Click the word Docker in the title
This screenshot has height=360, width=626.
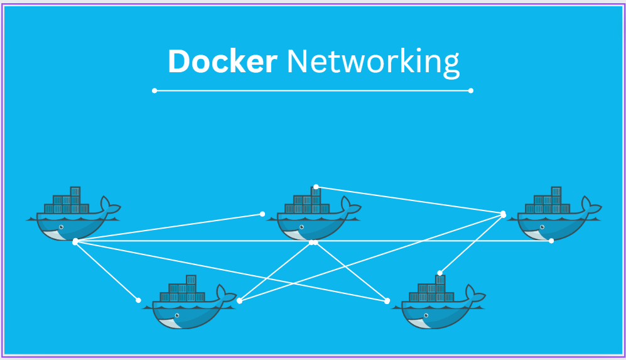click(222, 62)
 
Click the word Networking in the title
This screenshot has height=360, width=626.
click(373, 63)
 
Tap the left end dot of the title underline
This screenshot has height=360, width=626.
click(154, 90)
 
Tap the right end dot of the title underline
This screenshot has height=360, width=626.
click(471, 90)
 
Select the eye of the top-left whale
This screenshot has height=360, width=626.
click(61, 226)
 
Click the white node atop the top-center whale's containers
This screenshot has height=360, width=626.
click(316, 187)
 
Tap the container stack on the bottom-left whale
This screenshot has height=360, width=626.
click(183, 291)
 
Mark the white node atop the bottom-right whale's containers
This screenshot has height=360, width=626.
click(440, 273)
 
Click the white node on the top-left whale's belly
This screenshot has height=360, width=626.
click(75, 241)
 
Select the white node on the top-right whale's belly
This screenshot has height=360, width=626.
click(551, 241)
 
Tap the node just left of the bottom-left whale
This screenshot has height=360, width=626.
click(139, 300)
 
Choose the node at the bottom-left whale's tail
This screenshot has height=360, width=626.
click(239, 300)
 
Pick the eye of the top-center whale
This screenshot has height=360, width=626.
click(302, 226)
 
